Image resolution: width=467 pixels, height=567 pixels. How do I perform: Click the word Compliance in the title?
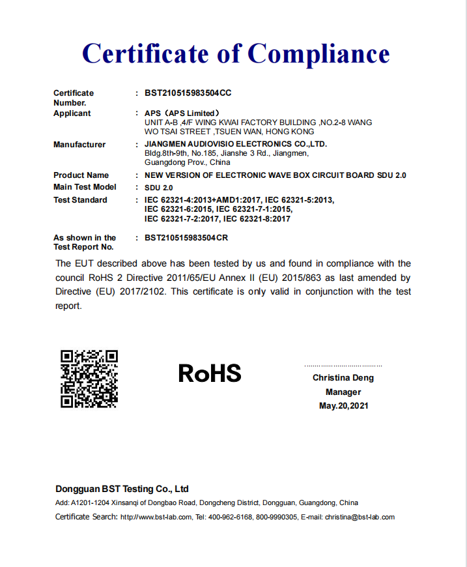click(319, 53)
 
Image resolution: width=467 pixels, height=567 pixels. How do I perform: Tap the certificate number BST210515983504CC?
click(188, 93)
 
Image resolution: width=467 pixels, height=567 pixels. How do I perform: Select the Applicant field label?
click(72, 113)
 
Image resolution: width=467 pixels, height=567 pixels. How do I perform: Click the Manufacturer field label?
click(79, 145)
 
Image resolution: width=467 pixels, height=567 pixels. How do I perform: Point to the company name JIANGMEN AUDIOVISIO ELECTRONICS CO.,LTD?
click(235, 144)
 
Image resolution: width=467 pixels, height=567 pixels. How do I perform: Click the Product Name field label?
click(81, 175)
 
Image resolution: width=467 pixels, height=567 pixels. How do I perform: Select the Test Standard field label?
click(80, 200)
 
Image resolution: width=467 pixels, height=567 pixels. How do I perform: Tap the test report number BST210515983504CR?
click(186, 238)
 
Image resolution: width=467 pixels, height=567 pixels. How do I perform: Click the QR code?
click(89, 379)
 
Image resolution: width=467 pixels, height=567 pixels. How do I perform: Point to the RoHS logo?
click(210, 373)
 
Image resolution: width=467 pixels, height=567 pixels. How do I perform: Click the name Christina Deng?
click(343, 378)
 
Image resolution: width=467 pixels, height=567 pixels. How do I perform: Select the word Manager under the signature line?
click(343, 392)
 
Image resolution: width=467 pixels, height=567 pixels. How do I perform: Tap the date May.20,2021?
click(343, 406)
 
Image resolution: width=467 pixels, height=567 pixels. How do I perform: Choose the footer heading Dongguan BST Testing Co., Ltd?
click(122, 489)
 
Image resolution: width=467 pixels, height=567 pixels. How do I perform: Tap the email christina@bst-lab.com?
click(360, 517)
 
